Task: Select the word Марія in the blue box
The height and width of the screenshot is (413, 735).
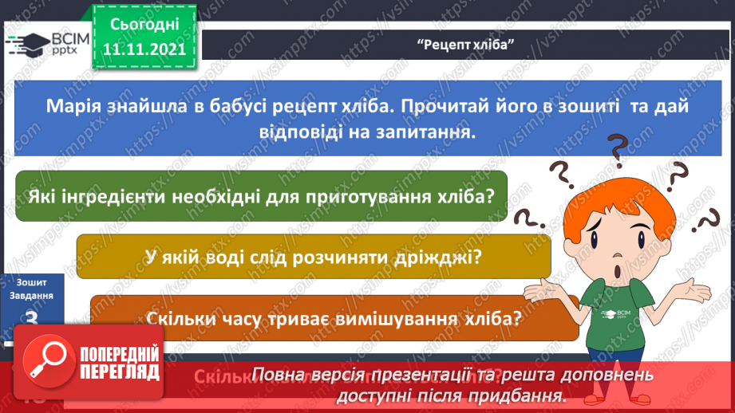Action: [77, 106]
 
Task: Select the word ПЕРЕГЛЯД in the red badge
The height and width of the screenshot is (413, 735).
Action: [120, 373]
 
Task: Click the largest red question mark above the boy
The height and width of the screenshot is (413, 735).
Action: [617, 149]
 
